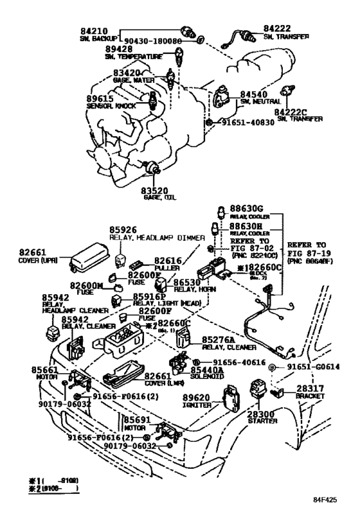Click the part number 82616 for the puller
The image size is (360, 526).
pyautogui.click(x=167, y=261)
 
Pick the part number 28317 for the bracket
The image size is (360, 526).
pyautogui.click(x=313, y=389)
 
